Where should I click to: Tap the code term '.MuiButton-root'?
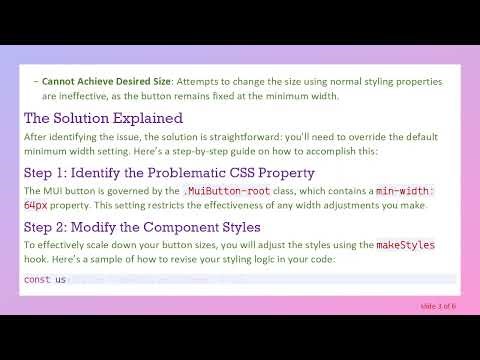(217, 190)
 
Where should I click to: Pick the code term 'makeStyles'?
(405, 245)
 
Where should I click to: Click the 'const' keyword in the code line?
(37, 279)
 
